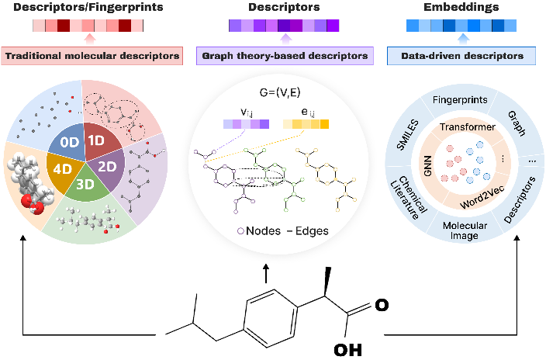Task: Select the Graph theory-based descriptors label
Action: tap(285, 56)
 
